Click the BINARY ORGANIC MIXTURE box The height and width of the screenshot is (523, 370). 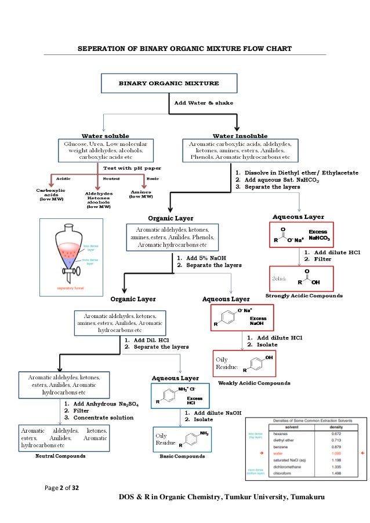(169, 83)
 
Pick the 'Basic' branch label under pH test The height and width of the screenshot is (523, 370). (153, 178)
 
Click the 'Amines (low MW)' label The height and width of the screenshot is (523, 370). (142, 194)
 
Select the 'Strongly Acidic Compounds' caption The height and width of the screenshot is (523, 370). (303, 295)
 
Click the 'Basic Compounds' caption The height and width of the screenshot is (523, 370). (182, 456)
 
